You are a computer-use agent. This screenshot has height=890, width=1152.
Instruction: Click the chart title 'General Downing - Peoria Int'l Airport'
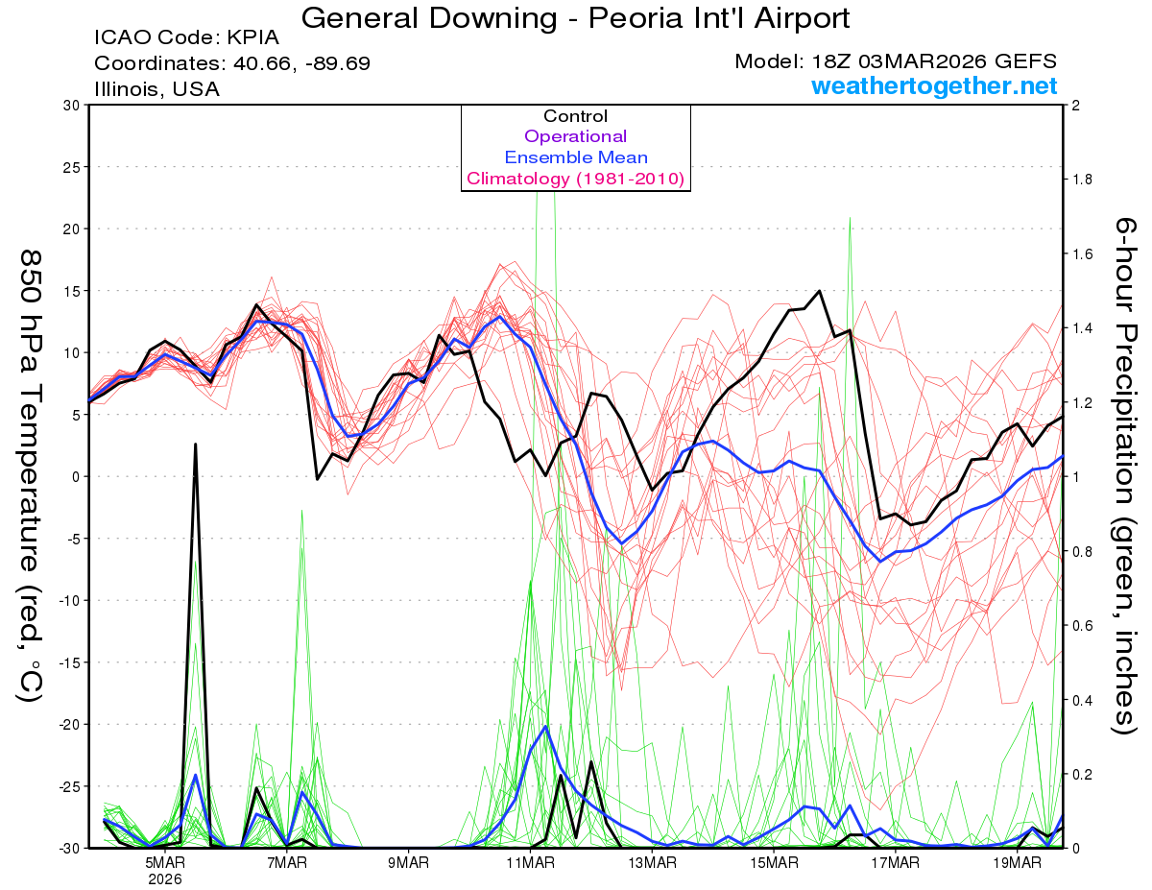(575, 17)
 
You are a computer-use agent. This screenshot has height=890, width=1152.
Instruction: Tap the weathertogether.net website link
(934, 85)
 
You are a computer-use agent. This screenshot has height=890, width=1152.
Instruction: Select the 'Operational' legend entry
(575, 136)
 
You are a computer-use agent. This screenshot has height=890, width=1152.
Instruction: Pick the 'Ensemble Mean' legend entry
(576, 157)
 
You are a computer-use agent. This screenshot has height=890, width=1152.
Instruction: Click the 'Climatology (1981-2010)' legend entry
(575, 179)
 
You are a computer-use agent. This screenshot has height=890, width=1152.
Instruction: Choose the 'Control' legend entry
(575, 116)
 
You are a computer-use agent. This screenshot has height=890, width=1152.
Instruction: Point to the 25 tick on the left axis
(71, 167)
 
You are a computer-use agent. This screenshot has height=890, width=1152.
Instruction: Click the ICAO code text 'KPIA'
(253, 38)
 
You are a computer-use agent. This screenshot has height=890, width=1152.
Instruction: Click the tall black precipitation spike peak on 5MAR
(196, 445)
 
